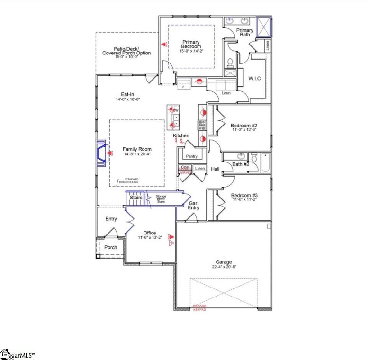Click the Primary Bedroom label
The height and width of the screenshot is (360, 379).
tap(191, 45)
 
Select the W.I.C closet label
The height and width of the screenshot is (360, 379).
tap(254, 78)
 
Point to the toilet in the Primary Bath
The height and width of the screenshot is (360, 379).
tap(229, 62)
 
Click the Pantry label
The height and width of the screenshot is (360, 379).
tap(192, 156)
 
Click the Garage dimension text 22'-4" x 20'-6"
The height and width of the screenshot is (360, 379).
tap(224, 267)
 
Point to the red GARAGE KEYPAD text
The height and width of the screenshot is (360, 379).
tap(199, 308)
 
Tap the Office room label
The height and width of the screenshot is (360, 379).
tap(150, 233)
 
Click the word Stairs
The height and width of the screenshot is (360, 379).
tap(136, 198)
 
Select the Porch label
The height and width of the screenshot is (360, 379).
tap(110, 247)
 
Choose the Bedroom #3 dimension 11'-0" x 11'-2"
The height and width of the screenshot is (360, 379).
tap(244, 200)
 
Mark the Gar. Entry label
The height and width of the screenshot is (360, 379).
tap(193, 205)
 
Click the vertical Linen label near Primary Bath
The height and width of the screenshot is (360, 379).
tap(267, 46)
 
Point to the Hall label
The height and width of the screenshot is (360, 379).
tap(215, 169)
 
